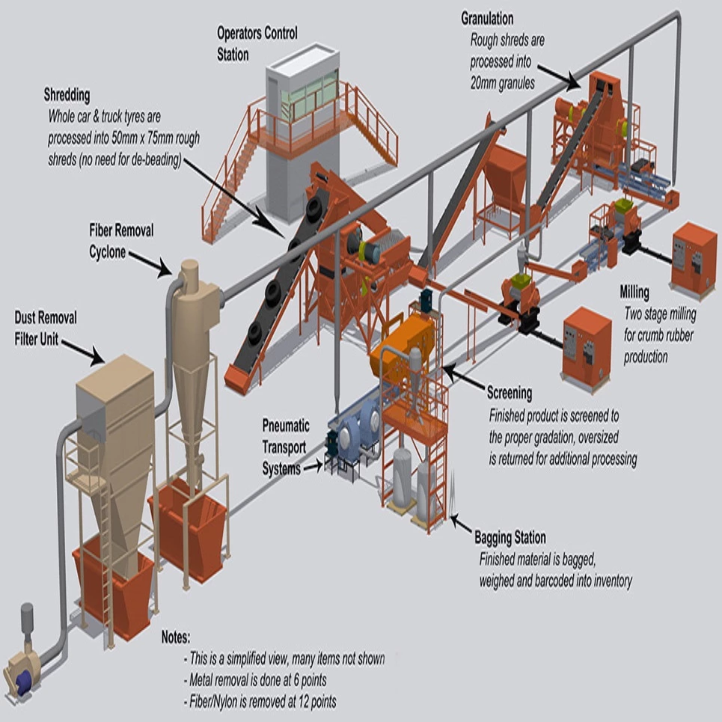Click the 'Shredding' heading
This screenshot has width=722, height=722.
pyautogui.click(x=67, y=95)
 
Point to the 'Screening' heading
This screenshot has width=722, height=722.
pyautogui.click(x=510, y=392)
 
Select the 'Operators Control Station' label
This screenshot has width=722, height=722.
pyautogui.click(x=257, y=43)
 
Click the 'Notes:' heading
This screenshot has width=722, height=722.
pyautogui.click(x=176, y=638)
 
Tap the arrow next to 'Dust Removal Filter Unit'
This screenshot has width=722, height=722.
pyautogui.click(x=83, y=352)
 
